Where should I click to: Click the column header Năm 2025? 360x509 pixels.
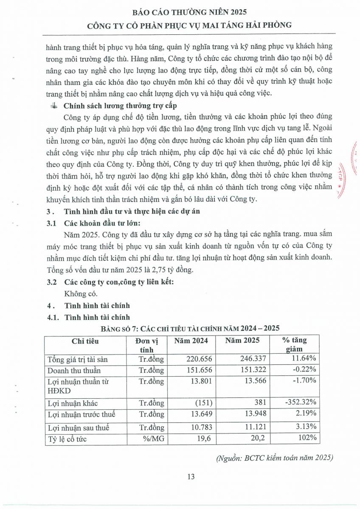click(x=242, y=341)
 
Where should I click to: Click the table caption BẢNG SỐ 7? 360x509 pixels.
click(x=189, y=328)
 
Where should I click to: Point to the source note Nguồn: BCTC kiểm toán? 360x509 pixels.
click(x=274, y=458)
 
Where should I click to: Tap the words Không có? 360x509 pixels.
click(x=81, y=294)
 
